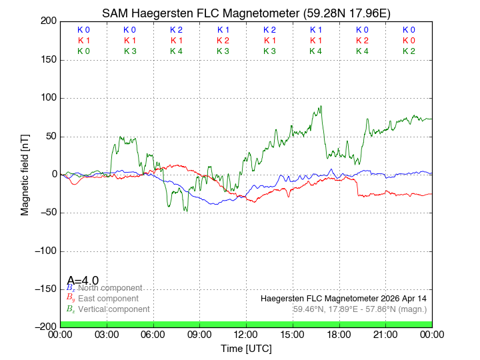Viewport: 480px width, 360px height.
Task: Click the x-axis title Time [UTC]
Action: pos(246,349)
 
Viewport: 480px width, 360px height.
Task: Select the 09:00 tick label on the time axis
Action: pos(200,335)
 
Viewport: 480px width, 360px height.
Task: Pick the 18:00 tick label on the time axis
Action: pos(339,335)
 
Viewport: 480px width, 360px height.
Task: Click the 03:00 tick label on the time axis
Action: pos(107,335)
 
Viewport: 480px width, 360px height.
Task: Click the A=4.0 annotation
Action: pos(83,281)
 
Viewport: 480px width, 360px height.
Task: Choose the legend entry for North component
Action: pos(107,288)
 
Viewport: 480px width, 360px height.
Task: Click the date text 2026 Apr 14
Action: pos(400,298)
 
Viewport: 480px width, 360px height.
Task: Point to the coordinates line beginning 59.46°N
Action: pos(360,309)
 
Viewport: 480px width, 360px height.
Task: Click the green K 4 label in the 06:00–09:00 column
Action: pos(176,51)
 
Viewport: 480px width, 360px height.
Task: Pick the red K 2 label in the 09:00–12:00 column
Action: pos(223,41)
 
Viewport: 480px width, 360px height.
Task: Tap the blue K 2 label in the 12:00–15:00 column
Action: pos(269,30)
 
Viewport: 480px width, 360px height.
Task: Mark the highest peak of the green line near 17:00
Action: pos(321,106)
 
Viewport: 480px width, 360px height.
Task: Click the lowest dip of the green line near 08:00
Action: pos(187,211)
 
